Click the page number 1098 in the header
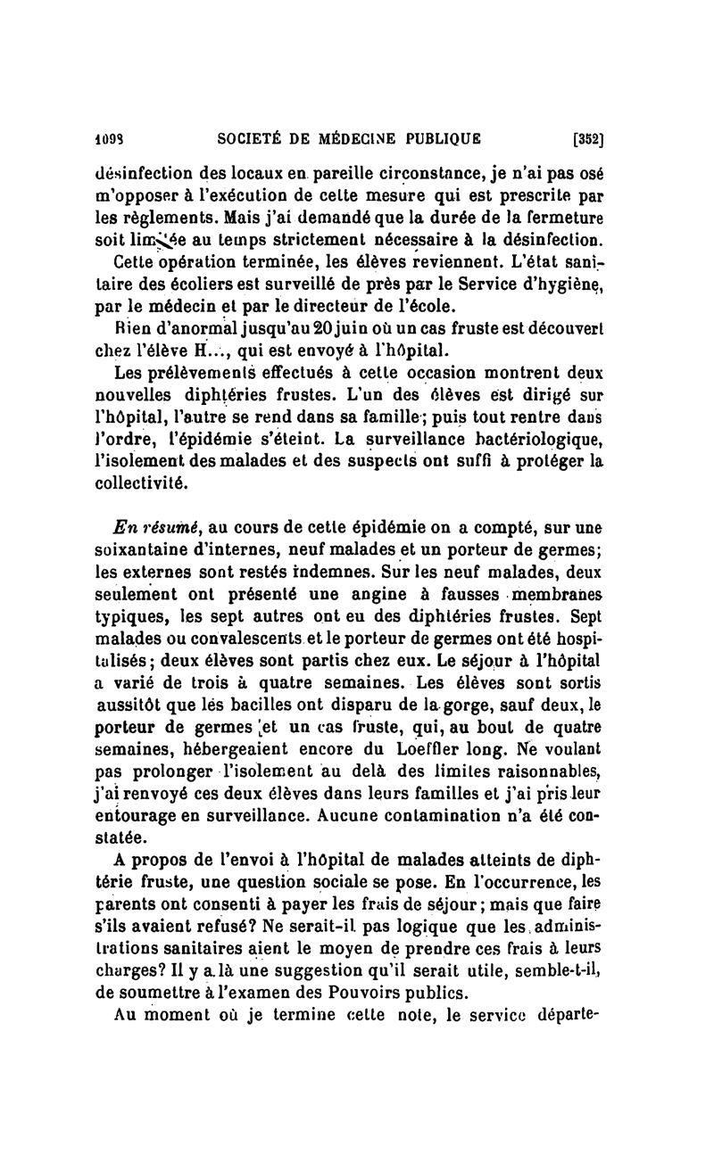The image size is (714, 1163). [x=108, y=138]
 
